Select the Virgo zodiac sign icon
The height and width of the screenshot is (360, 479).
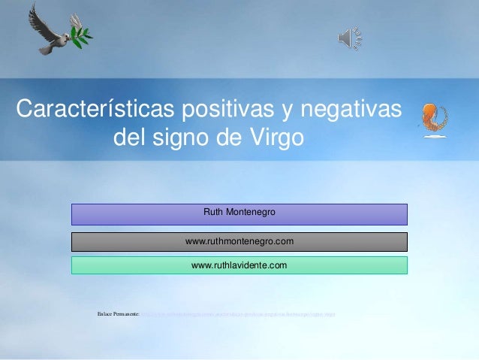coord(433,119)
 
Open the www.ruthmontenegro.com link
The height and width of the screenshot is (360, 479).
coord(239,241)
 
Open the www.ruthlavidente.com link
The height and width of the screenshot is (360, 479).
coord(239,265)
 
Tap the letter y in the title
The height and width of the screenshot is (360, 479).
coord(285,110)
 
